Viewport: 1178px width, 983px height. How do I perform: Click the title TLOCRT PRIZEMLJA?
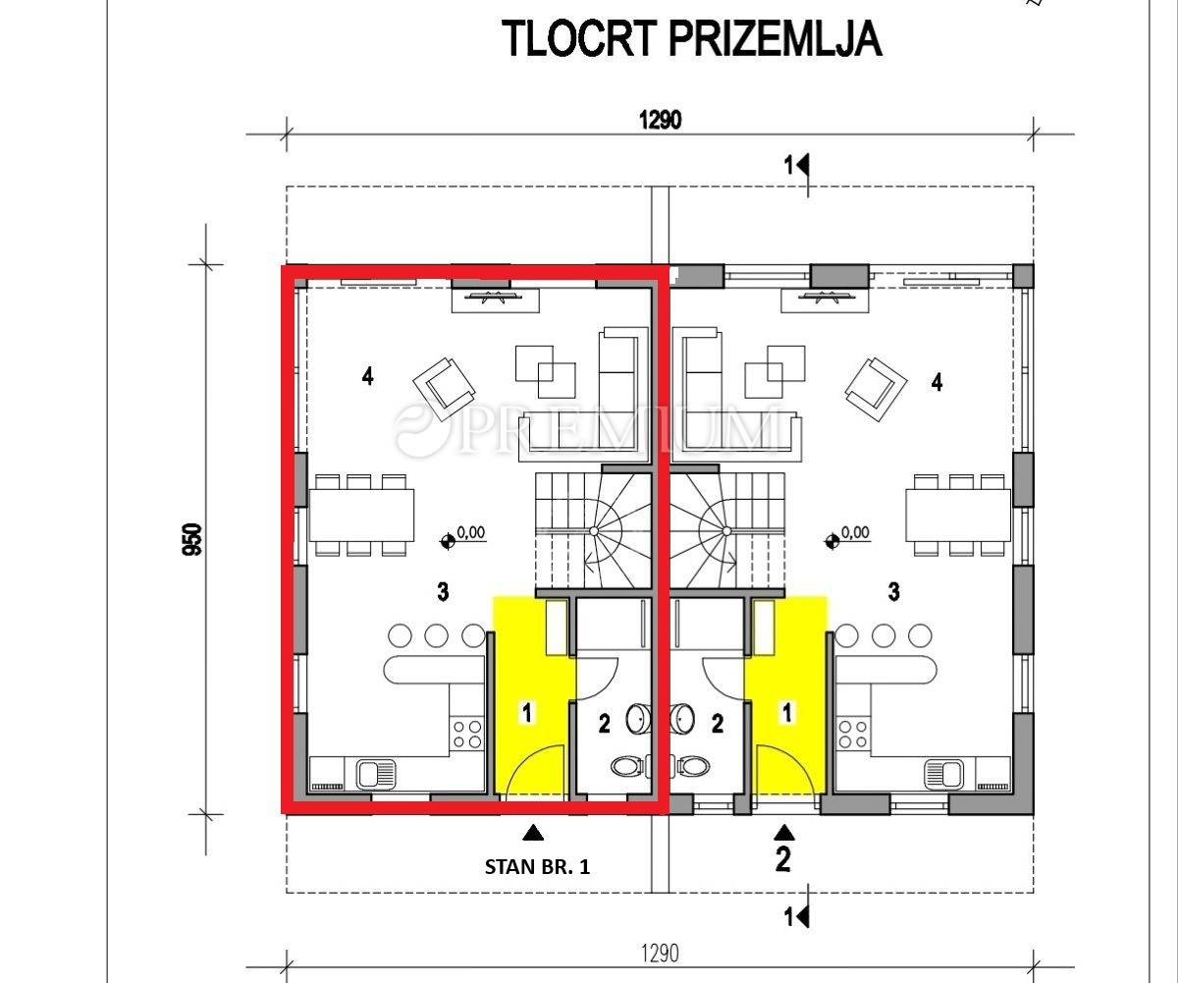pyautogui.click(x=692, y=38)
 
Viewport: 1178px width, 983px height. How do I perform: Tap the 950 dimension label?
pyautogui.click(x=193, y=539)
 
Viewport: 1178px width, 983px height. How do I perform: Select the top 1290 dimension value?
pyautogui.click(x=660, y=120)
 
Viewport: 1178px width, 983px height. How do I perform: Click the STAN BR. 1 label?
pyautogui.click(x=537, y=867)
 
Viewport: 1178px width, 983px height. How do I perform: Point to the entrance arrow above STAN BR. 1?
pyautogui.click(x=533, y=833)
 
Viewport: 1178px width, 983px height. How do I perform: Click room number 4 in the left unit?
pyautogui.click(x=368, y=376)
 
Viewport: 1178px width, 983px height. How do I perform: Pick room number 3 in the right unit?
pyautogui.click(x=893, y=592)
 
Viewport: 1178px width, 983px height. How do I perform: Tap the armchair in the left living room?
pyautogui.click(x=444, y=383)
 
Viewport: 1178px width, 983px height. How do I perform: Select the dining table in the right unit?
pyautogui.click(x=958, y=516)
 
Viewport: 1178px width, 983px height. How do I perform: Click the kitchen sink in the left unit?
pyautogui.click(x=376, y=774)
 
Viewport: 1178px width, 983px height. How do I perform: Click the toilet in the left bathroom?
pyautogui.click(x=628, y=766)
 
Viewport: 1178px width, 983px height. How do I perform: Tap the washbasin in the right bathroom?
pyautogui.click(x=682, y=720)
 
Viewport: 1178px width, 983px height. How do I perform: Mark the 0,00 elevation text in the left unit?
pyautogui.click(x=471, y=532)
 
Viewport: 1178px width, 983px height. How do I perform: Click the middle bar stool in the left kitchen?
pyautogui.click(x=436, y=635)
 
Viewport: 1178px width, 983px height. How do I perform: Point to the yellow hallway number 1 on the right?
pyautogui.click(x=787, y=713)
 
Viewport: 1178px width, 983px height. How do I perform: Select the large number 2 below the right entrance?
pyautogui.click(x=783, y=859)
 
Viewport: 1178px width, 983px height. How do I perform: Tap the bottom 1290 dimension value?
pyautogui.click(x=660, y=954)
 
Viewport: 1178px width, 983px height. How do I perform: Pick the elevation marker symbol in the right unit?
pyautogui.click(x=831, y=542)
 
